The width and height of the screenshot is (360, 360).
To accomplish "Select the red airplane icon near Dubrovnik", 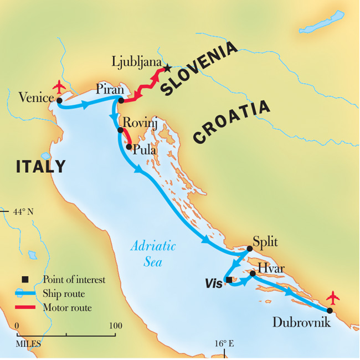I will click(332, 298).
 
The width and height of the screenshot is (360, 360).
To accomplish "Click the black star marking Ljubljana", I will click(167, 69).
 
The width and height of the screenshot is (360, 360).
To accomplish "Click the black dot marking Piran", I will click(121, 100).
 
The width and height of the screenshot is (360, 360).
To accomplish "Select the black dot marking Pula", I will click(129, 147).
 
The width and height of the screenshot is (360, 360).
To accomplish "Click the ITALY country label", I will click(40, 166).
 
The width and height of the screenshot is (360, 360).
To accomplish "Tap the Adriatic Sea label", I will click(153, 254).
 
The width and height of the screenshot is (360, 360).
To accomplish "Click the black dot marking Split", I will click(249, 249).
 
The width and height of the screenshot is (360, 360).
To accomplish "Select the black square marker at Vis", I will click(229, 280).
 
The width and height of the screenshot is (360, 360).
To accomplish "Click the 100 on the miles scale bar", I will click(115, 325).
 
